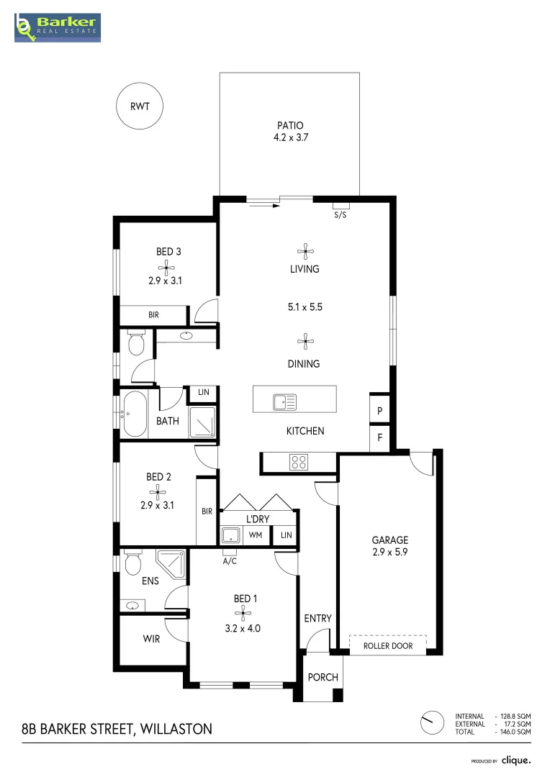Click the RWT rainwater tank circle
pos(140,106)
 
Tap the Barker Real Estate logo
pos(58,27)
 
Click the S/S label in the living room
pos(340,215)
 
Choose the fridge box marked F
pos(379,437)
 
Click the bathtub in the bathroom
pos(135,414)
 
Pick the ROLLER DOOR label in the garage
pos(387,646)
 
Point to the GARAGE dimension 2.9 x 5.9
pos(389,553)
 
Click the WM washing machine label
pos(255,535)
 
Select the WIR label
pos(151,638)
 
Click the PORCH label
pos(323,678)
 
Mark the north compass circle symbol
pos(433,721)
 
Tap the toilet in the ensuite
pos(132,563)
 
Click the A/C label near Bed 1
pos(230,560)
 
